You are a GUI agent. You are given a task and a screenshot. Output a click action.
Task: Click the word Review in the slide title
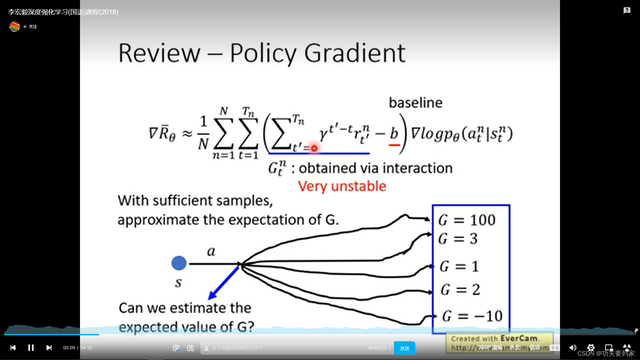159,53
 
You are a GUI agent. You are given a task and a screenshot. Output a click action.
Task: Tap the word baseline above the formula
416,103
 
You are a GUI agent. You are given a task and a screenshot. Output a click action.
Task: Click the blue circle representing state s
179,263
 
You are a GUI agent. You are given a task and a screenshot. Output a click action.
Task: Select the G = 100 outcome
467,220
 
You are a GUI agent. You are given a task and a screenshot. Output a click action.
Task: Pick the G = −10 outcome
472,316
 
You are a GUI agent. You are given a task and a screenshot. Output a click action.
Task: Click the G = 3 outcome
458,239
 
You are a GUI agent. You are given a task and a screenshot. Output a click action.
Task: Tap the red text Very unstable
342,186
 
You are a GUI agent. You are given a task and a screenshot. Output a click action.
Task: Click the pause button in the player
31,348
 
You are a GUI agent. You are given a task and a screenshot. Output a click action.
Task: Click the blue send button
404,348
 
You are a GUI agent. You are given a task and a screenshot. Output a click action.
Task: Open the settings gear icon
591,348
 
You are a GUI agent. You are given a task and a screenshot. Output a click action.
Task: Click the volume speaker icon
573,348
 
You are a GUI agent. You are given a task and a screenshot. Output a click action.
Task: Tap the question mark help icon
627,11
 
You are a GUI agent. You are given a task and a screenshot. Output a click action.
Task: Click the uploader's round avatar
15,27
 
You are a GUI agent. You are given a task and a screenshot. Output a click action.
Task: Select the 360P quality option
490,348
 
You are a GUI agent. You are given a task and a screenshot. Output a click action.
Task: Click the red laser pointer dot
314,148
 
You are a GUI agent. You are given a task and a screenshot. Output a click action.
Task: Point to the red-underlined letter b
394,134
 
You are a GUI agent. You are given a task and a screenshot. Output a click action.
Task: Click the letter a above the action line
211,251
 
